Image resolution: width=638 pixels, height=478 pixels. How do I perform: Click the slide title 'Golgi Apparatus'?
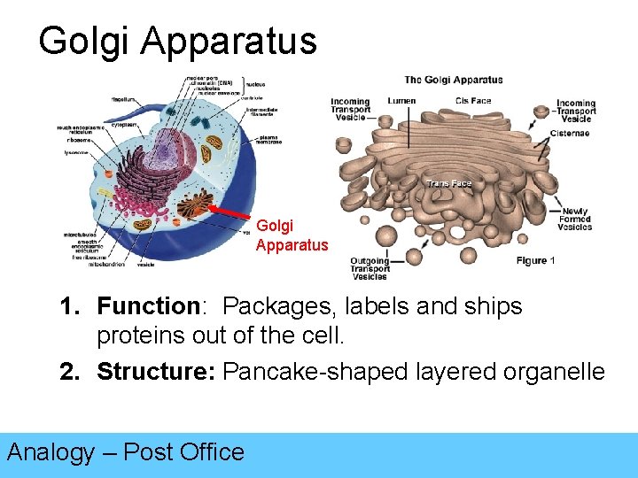(x=177, y=41)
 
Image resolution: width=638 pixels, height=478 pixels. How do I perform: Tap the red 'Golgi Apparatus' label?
(x=292, y=235)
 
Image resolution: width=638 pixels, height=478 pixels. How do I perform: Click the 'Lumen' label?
(x=401, y=101)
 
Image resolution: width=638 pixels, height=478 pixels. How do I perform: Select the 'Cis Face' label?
(x=473, y=101)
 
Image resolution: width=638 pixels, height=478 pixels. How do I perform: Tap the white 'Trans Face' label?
(x=449, y=183)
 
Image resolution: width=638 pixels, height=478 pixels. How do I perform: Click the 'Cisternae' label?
(x=569, y=134)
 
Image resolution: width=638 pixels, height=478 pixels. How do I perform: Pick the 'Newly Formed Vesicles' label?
(x=574, y=219)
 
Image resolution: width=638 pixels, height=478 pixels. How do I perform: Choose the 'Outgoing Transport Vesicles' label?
(x=370, y=268)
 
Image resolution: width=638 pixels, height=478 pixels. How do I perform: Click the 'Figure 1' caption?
(x=535, y=261)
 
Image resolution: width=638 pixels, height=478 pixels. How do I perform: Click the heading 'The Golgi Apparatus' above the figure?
(x=454, y=80)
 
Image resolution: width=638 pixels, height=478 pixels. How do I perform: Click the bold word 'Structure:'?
(x=156, y=372)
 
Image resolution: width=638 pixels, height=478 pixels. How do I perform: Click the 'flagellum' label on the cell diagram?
(x=123, y=99)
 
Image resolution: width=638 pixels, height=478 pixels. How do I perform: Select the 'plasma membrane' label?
(x=269, y=140)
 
